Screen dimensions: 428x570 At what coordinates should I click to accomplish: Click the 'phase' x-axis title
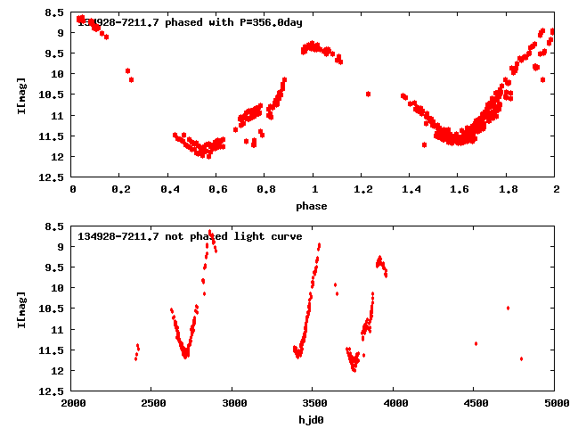(313, 206)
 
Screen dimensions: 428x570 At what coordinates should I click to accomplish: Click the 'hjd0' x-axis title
(313, 420)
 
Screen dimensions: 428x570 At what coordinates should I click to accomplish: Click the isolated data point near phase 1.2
(368, 94)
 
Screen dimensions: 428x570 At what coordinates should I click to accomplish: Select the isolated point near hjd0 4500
(476, 343)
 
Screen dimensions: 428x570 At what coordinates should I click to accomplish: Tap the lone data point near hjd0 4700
(508, 308)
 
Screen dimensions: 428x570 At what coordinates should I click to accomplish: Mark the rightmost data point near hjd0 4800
(521, 358)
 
